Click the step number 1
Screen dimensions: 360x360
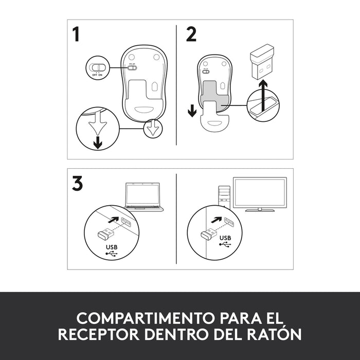77,35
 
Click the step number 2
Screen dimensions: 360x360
191,35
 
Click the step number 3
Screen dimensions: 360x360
77,184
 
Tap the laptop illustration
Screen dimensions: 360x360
144,197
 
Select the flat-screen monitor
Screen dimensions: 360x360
260,194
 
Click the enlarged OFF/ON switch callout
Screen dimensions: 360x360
98,68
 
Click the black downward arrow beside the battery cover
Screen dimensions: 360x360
192,110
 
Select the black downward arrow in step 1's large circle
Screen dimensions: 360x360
97,142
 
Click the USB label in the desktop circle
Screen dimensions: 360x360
225,238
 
